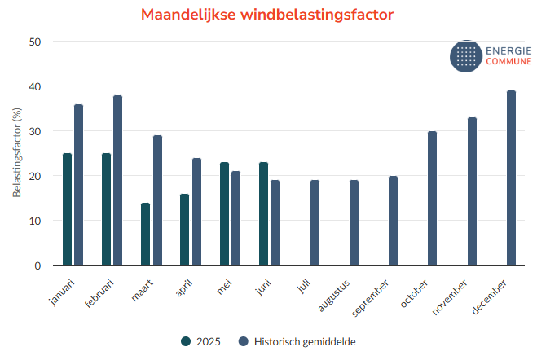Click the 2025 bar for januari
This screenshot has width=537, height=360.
click(x=67, y=209)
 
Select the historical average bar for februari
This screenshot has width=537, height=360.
click(x=117, y=181)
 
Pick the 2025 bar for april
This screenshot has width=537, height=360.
click(x=184, y=230)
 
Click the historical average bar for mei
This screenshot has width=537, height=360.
click(x=235, y=218)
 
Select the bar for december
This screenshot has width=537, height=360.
click(x=511, y=178)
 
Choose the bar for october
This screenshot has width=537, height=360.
click(x=432, y=199)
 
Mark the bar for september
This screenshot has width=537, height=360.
click(x=393, y=221)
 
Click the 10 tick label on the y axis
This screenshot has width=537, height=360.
click(x=36, y=221)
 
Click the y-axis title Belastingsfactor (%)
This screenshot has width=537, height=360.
click(x=16, y=154)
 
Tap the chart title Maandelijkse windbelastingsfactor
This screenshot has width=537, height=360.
click(x=267, y=15)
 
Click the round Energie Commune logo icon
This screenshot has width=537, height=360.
click(x=467, y=56)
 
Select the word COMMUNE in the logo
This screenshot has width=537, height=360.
click(x=508, y=62)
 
